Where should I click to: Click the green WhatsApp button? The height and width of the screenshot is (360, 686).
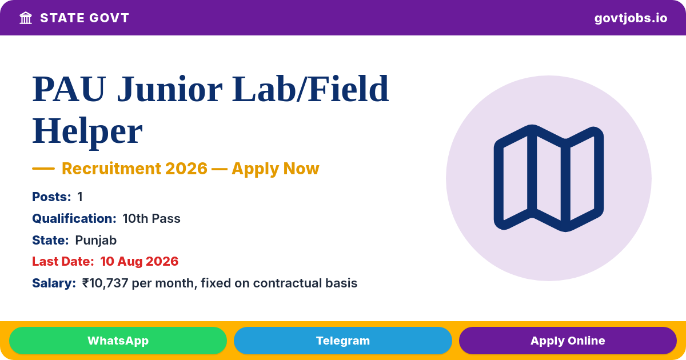point(118,341)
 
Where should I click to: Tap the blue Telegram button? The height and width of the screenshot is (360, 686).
point(342,341)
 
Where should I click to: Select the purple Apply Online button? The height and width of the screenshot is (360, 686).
point(568,341)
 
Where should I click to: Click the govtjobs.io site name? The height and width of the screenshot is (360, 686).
point(631,18)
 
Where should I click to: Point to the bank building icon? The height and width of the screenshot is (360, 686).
point(26,18)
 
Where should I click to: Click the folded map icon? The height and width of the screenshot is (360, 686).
point(548,178)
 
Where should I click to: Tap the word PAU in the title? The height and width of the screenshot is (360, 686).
point(69,89)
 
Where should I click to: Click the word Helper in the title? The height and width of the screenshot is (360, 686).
point(87,131)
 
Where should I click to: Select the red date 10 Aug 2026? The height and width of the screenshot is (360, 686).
point(139,262)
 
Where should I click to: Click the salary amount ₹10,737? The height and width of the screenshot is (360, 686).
point(105,283)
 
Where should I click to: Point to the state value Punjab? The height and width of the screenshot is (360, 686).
point(96,241)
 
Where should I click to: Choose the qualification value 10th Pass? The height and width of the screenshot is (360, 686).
point(151,218)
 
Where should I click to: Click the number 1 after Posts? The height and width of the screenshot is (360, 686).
point(80,197)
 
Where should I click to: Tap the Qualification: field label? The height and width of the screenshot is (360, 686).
point(74,218)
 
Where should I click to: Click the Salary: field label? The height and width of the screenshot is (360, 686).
point(54,283)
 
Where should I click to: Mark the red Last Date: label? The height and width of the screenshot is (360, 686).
point(63,262)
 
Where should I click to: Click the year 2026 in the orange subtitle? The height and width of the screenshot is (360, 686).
point(186,169)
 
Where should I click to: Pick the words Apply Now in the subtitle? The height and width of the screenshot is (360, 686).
point(276,169)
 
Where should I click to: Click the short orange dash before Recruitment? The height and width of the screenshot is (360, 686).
point(43,169)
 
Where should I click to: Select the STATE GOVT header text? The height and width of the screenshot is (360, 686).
point(85,18)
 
